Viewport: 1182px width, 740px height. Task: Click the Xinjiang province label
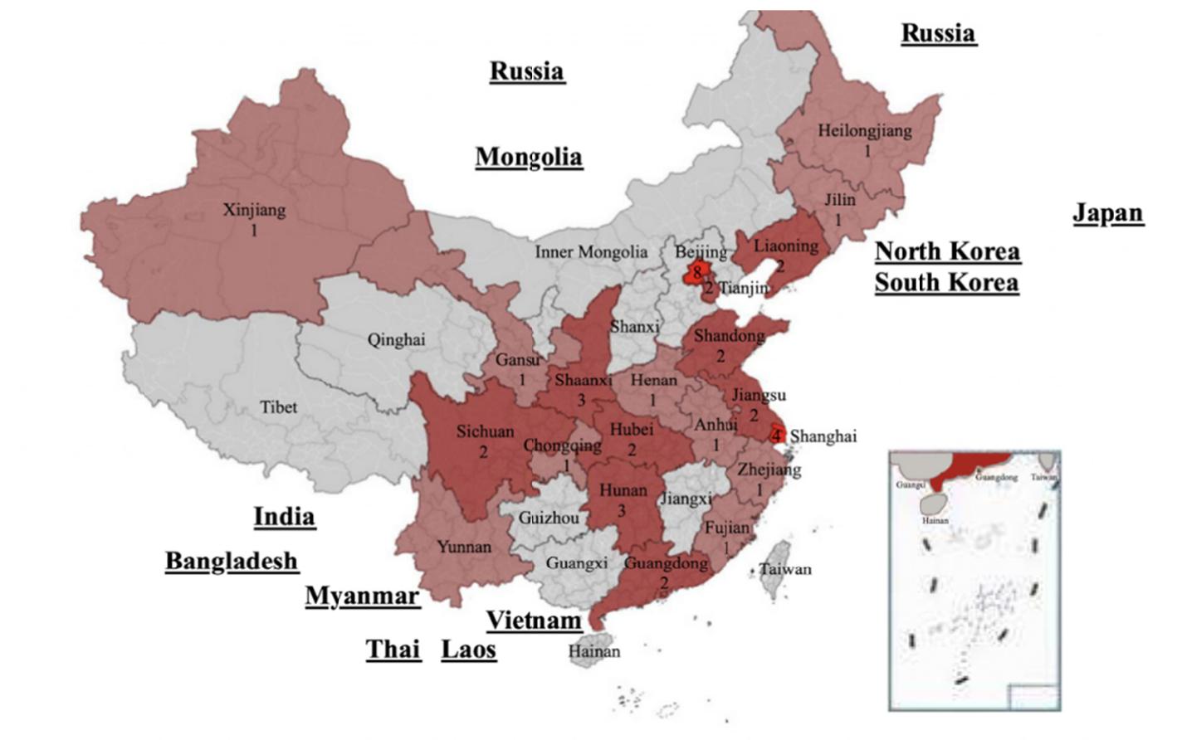point(254,210)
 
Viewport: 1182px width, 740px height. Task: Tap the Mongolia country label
point(529,157)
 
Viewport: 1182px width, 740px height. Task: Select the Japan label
point(1108,213)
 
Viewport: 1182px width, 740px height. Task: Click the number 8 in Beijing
point(696,271)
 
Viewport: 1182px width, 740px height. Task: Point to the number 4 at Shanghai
point(777,436)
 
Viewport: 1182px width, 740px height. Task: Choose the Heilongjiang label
point(864,130)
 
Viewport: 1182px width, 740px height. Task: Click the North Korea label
point(947,251)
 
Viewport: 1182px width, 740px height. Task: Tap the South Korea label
point(946,282)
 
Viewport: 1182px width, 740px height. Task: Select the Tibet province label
point(278,407)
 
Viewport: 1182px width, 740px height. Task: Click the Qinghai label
point(396,339)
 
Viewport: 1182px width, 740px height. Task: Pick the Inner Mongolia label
point(590,251)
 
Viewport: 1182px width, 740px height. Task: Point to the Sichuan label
point(485,431)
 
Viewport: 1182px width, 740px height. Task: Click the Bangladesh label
point(232,561)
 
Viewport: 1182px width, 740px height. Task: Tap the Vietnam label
point(534,620)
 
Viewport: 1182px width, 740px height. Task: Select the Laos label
point(468,649)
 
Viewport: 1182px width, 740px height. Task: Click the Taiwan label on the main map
point(785,569)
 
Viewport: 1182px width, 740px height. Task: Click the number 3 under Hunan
point(621,511)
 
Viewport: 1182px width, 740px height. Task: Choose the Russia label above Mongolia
point(526,71)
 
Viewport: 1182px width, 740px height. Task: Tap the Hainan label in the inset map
point(935,521)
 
